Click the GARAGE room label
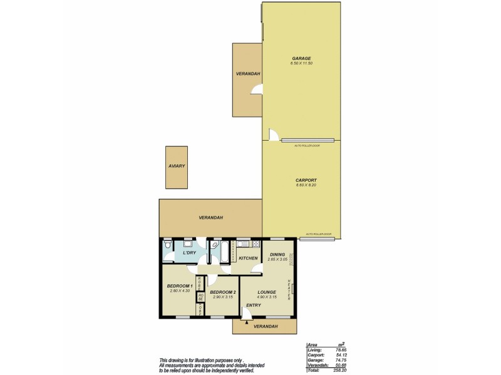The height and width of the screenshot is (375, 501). pos(301,58)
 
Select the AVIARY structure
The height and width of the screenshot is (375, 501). pos(176,167)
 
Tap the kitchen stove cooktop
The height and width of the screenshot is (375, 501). pos(256,244)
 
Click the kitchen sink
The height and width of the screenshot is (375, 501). pos(242,244)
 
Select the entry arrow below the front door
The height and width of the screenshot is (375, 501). pos(247,322)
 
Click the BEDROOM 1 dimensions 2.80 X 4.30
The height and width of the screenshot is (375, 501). pos(179,291)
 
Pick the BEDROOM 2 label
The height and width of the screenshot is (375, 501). pos(222,292)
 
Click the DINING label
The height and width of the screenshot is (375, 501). pos(277,254)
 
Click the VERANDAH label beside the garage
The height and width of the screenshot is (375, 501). pos(248,74)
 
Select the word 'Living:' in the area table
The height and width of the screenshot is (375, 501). pos(314,350)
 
